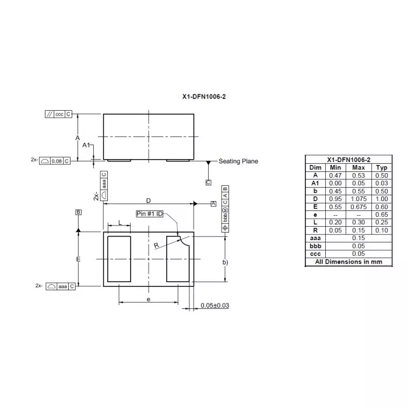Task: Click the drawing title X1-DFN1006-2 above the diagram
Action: [x=204, y=97]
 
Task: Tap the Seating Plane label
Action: [x=238, y=161]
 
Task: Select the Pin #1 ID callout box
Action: [x=150, y=214]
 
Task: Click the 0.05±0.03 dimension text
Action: [x=215, y=305]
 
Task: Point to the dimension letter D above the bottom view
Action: [x=148, y=201]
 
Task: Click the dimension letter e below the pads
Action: [x=148, y=300]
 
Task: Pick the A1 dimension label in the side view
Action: [x=86, y=145]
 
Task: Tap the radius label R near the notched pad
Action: [x=156, y=245]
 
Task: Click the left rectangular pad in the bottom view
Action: [x=119, y=259]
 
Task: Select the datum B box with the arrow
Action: [x=78, y=212]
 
